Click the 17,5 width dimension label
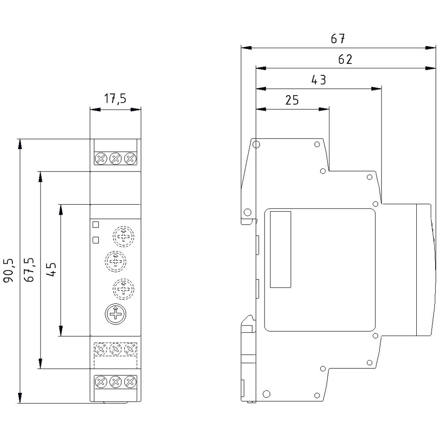click(x=115, y=98)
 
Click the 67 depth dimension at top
click(x=338, y=39)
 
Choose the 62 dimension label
click(x=345, y=60)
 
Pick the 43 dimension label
click(x=318, y=80)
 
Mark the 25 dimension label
click(x=292, y=100)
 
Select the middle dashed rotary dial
click(x=116, y=261)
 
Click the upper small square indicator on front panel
click(x=96, y=224)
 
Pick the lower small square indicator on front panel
click(x=96, y=240)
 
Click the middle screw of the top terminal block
click(x=116, y=158)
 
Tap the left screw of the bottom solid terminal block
click(x=101, y=381)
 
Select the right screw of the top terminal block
click(x=130, y=158)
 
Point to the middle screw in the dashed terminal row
click(x=116, y=349)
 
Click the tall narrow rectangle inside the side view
click(x=280, y=249)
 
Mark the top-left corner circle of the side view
click(x=257, y=144)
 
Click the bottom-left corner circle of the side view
click(x=266, y=394)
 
